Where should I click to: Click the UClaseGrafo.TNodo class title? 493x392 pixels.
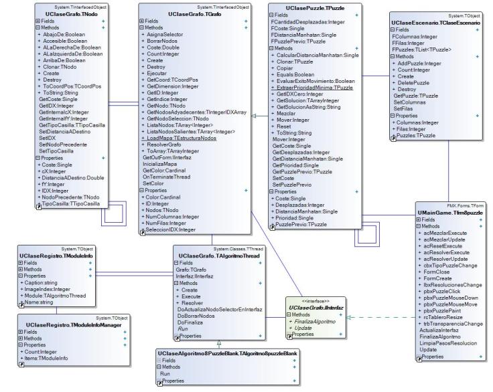76,13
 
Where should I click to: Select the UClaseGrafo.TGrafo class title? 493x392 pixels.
194,13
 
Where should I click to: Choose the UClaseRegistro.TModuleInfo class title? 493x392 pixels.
56,255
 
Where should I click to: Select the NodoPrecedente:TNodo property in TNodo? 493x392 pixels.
76,197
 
